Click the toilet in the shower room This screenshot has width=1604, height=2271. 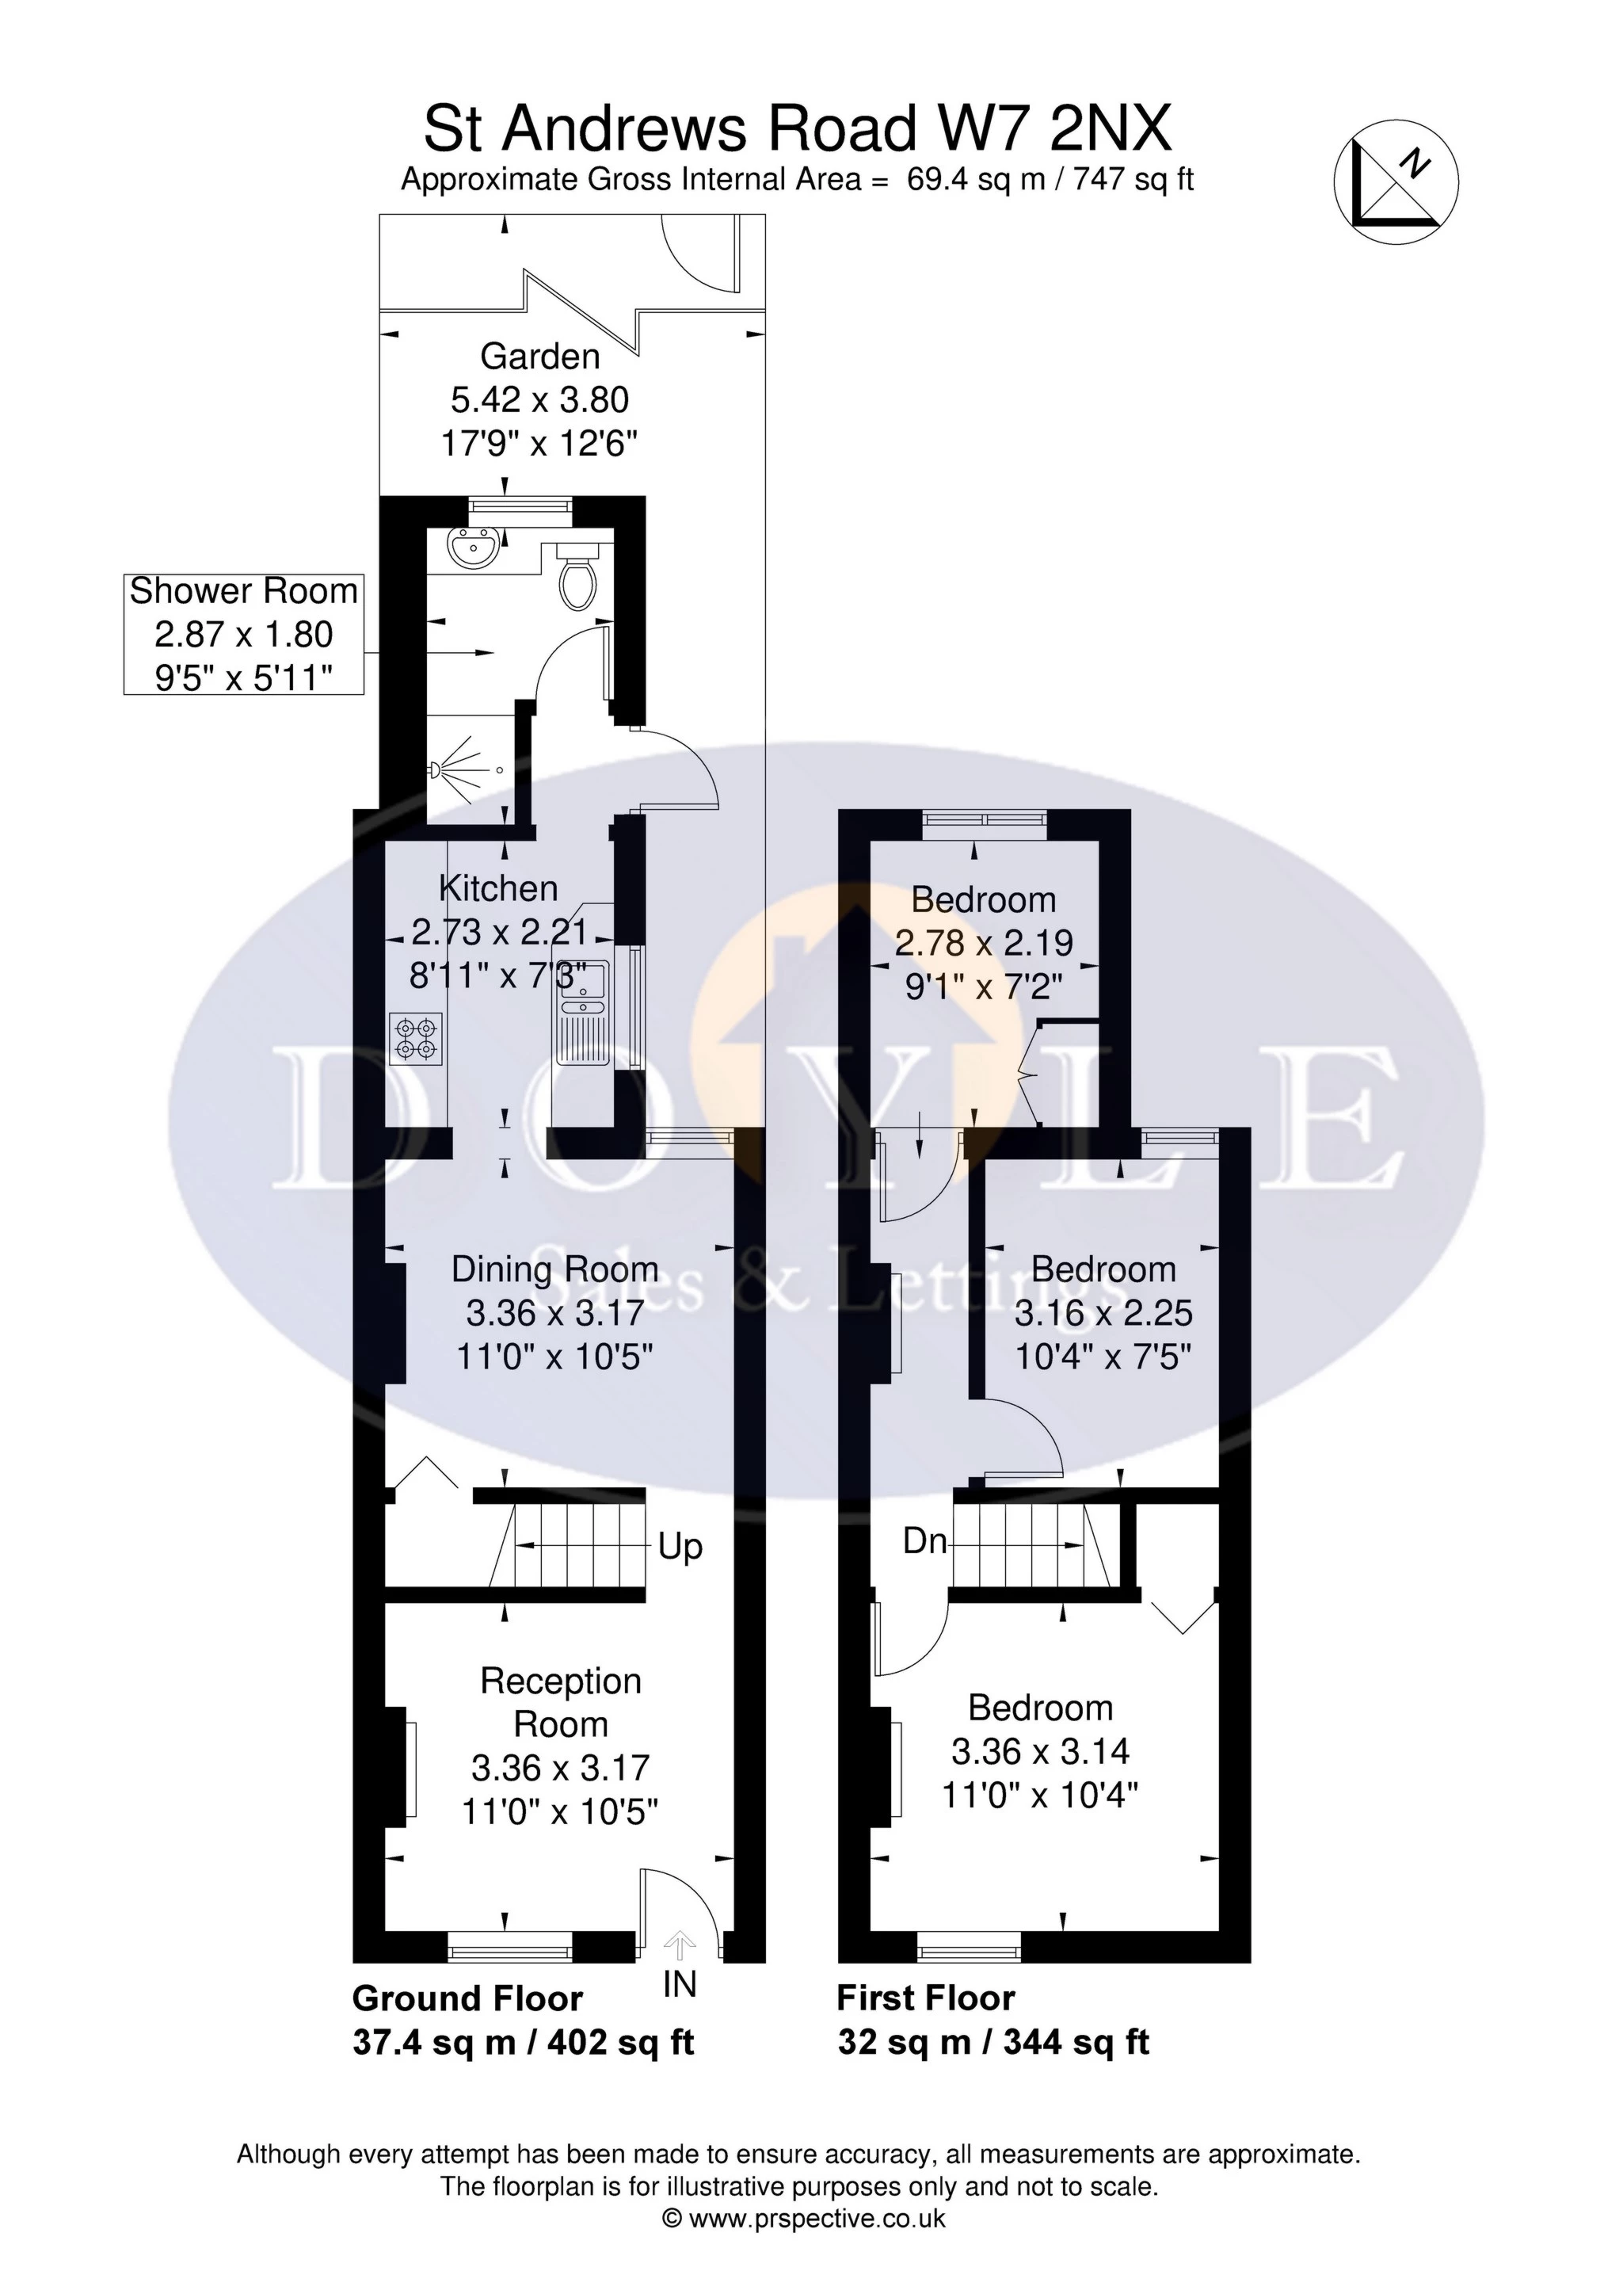tap(577, 578)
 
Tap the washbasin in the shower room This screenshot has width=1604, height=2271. tap(473, 548)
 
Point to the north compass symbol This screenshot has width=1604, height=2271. tap(1396, 182)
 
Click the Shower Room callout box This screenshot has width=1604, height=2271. tap(243, 633)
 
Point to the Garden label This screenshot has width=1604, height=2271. tap(540, 356)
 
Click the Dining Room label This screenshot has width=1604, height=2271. tap(554, 1269)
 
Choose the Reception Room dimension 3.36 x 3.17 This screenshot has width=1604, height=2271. tap(561, 1768)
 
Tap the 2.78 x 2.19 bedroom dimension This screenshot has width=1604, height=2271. tap(984, 943)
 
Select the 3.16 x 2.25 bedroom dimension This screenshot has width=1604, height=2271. tap(1103, 1312)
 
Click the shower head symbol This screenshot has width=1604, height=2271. tap(455, 770)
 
